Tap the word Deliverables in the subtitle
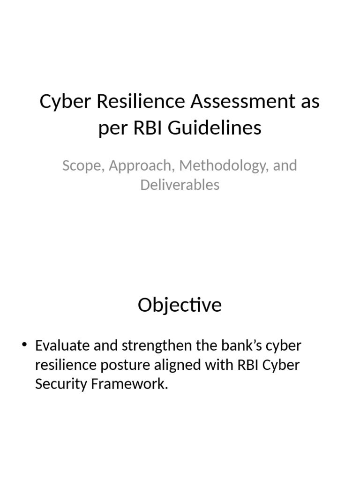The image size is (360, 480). tap(180, 185)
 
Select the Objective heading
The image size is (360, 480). tap(180, 305)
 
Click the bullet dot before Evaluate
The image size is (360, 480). tap(25, 345)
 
